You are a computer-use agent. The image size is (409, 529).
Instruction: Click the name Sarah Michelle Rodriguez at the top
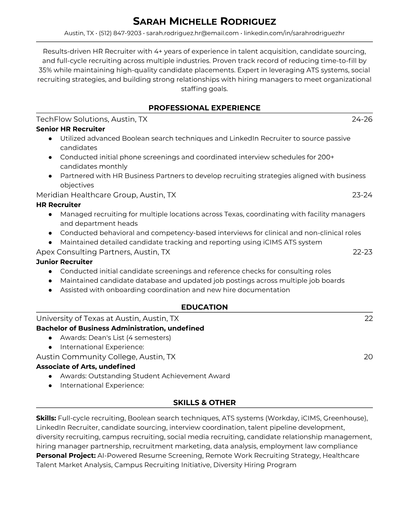[204, 22]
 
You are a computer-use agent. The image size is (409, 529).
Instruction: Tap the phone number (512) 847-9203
[120, 33]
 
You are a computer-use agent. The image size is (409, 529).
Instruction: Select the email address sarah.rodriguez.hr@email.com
[192, 33]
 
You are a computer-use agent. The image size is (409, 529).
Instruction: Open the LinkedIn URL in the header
[294, 33]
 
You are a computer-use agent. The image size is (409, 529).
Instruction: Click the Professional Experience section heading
[204, 108]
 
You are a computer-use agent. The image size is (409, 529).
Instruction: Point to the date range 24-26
[362, 119]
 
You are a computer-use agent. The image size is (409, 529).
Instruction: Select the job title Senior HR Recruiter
[71, 129]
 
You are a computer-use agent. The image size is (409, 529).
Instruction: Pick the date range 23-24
[362, 195]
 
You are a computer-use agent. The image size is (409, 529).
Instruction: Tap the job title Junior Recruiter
[64, 262]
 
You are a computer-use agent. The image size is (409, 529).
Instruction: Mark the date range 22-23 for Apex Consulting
[363, 252]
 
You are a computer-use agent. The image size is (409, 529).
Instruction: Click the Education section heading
[204, 307]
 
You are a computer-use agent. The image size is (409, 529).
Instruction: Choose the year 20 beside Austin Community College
[368, 357]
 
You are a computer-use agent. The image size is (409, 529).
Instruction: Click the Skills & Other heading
[204, 403]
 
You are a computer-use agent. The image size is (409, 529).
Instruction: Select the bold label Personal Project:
[66, 456]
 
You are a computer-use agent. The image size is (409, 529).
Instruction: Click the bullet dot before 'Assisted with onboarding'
[50, 290]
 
